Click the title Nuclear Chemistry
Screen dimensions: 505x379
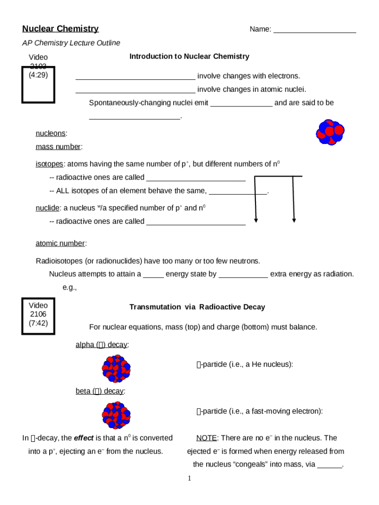point(61,29)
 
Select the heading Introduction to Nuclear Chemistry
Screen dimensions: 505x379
point(189,56)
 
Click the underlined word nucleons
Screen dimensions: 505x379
point(50,134)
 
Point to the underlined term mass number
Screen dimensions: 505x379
point(58,147)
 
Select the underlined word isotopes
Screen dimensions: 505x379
point(49,164)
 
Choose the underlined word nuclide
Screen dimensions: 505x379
point(48,208)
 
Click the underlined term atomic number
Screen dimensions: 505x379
point(60,243)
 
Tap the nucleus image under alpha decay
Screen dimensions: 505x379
point(116,369)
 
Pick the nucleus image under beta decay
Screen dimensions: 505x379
point(116,415)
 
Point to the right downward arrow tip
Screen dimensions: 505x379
point(294,220)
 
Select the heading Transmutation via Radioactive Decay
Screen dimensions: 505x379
point(197,307)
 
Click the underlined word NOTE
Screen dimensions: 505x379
point(206,438)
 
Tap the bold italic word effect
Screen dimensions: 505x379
point(84,438)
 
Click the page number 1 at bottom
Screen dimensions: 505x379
point(189,478)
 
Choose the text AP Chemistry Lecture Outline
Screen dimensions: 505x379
point(71,43)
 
